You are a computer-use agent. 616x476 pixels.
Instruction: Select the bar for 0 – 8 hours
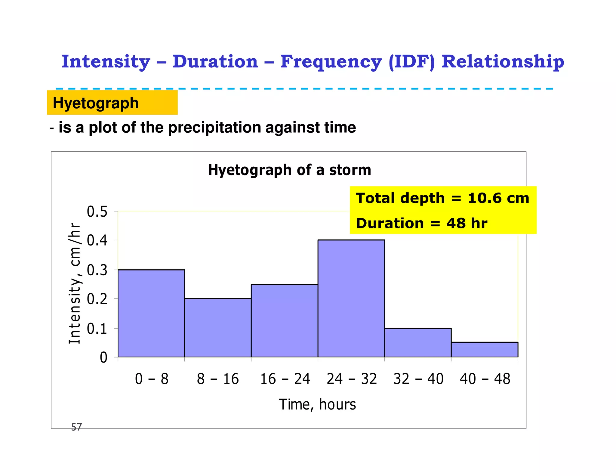[151, 313]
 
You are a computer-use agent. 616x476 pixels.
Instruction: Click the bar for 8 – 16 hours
[218, 328]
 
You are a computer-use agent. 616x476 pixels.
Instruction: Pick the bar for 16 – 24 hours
[284, 321]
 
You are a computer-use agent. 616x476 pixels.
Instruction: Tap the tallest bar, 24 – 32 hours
[351, 298]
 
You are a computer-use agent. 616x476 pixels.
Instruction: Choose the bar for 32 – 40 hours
[418, 342]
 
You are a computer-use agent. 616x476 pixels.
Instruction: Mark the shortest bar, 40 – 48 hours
[484, 350]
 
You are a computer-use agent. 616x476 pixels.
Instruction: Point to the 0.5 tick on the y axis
[97, 212]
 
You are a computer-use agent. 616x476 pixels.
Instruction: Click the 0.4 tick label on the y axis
[97, 241]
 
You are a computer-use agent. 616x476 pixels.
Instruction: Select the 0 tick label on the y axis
[103, 358]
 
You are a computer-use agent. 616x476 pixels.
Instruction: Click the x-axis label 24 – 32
[352, 379]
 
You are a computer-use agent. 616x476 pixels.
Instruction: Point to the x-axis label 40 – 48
[485, 379]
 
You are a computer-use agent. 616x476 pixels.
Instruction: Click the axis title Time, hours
[317, 404]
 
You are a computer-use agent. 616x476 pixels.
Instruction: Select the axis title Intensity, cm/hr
[75, 283]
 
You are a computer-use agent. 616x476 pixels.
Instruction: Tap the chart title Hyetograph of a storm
[289, 170]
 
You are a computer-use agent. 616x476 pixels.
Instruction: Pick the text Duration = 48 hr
[421, 223]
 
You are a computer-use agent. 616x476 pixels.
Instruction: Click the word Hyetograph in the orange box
[96, 103]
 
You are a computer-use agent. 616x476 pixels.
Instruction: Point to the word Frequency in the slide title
[331, 62]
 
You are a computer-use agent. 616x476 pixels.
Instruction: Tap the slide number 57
[76, 427]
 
